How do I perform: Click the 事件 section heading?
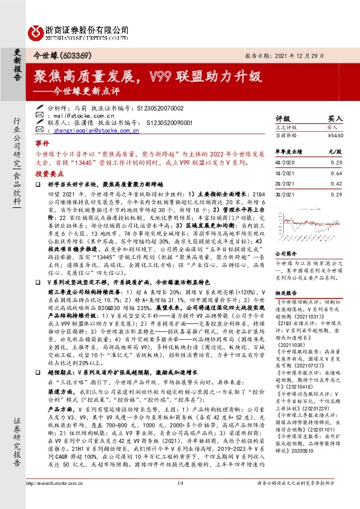click(x=42, y=144)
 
